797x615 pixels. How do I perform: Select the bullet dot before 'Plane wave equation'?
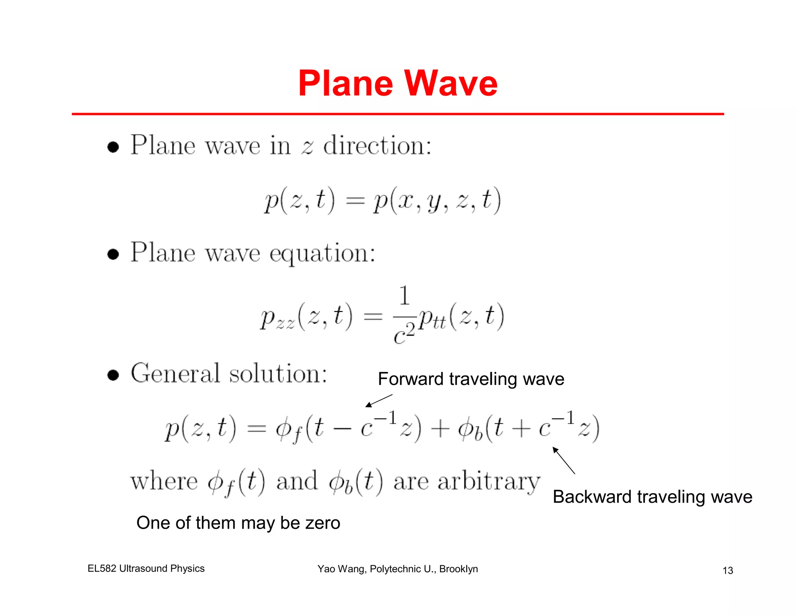(113, 255)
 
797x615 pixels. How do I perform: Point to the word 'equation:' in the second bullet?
(322, 253)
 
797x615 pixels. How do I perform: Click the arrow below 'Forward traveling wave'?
(379, 401)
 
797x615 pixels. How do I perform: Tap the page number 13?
(728, 570)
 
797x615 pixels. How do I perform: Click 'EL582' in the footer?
(102, 568)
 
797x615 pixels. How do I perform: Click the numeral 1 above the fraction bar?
(405, 295)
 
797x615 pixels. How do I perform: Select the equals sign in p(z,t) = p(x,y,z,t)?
(355, 201)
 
